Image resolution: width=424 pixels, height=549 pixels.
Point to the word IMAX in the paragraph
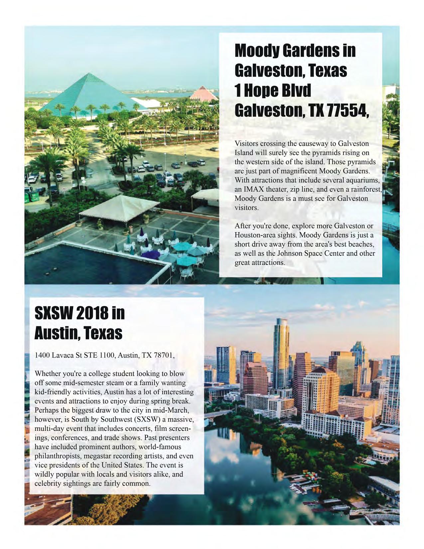click(x=255, y=190)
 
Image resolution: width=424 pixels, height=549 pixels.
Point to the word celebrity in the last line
click(x=47, y=483)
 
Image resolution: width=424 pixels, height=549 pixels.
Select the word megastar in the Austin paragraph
click(x=97, y=456)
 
